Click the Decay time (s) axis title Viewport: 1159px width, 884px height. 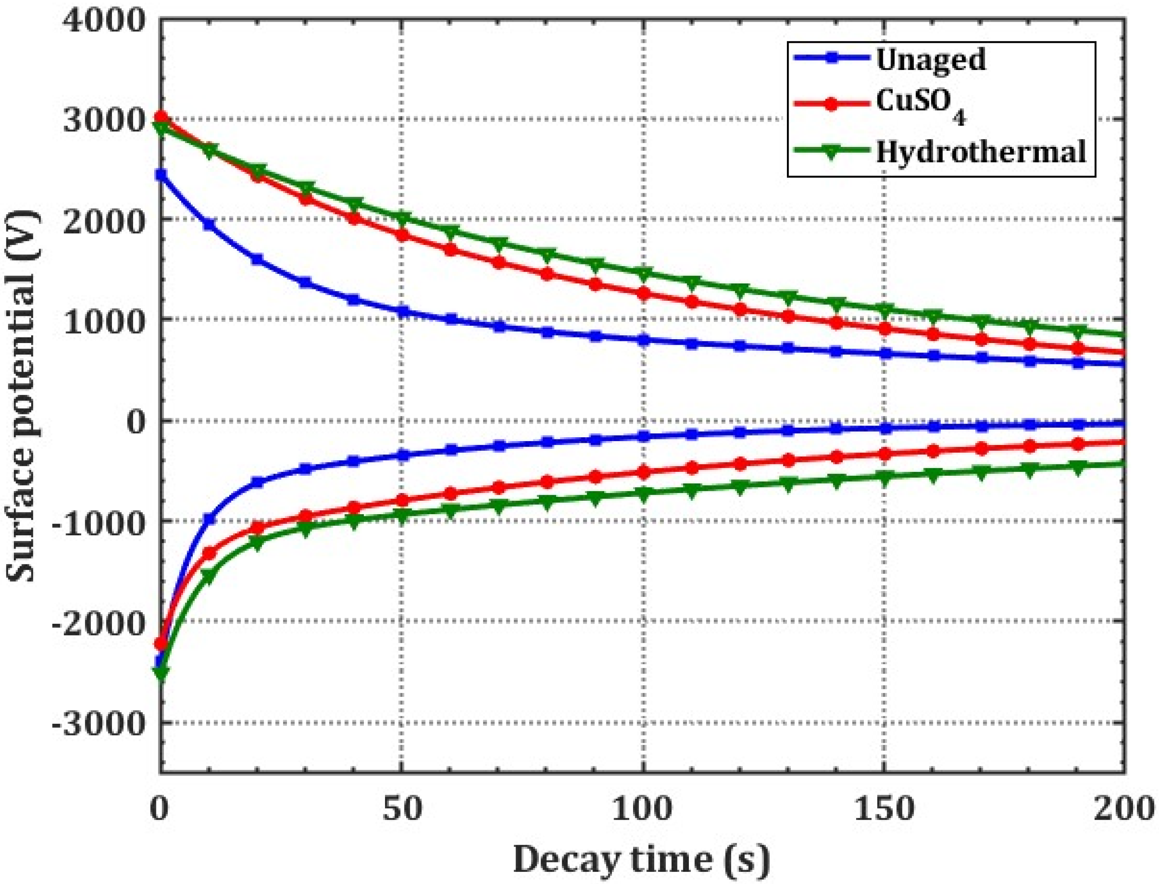641,860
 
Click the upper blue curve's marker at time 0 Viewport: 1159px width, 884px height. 161,174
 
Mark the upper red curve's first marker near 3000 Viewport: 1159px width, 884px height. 161,117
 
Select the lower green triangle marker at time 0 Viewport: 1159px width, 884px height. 161,673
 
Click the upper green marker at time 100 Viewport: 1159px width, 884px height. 643,273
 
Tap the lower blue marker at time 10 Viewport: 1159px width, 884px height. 210,519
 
